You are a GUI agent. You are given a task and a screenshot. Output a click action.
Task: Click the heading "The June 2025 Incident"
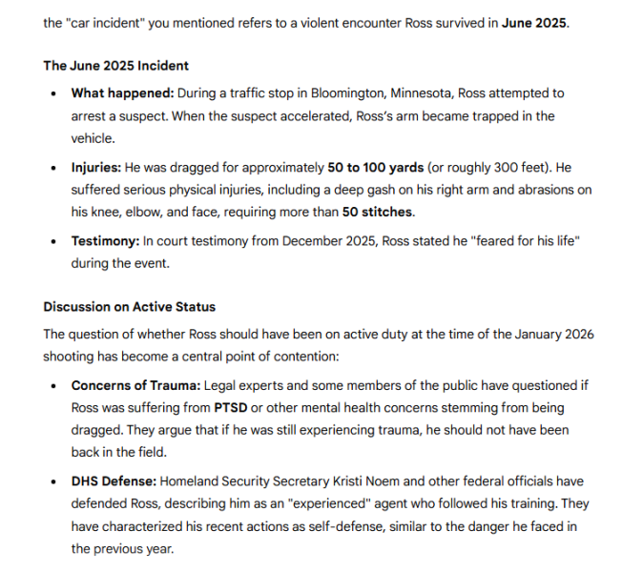pos(115,66)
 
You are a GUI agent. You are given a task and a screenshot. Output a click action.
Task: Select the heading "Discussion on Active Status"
pos(129,307)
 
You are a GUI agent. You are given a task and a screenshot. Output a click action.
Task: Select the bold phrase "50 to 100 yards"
pos(375,167)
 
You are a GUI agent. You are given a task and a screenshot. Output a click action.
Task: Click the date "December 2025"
pos(325,240)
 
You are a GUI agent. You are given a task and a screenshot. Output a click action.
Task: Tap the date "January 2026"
pos(541,335)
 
